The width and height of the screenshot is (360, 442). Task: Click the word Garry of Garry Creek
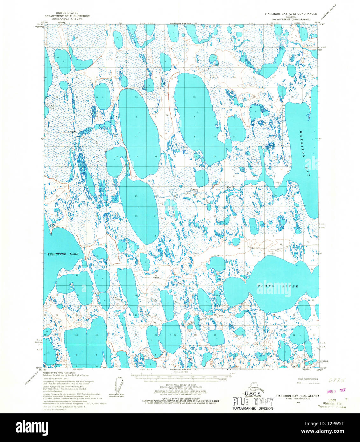point(194,190)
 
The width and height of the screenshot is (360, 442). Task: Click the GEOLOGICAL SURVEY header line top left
point(67,19)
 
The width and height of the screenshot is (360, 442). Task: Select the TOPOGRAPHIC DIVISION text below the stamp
point(252,408)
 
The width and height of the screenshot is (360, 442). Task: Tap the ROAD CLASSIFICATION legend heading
point(308,379)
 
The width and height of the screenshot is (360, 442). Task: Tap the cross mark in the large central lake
point(196,138)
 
